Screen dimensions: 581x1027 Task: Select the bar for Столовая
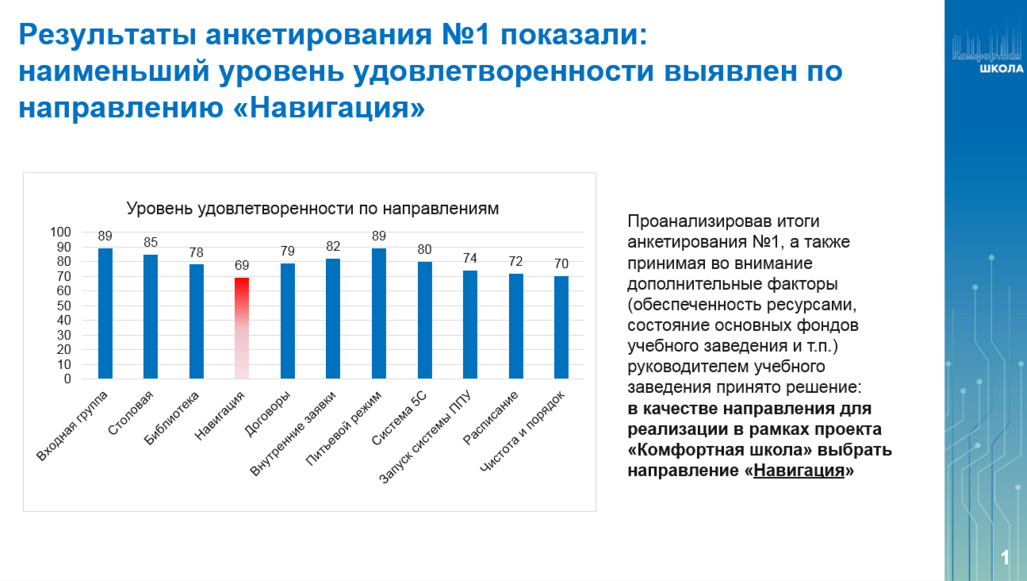pos(151,317)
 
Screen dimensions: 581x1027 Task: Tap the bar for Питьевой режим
pos(379,314)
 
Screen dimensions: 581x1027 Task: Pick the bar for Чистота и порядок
pos(561,328)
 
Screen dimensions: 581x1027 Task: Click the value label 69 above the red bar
pos(242,265)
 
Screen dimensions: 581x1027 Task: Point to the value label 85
pos(151,242)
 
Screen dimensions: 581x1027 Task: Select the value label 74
pos(470,258)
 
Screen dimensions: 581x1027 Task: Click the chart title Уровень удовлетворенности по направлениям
pos(313,209)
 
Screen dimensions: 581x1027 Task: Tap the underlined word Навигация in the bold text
pos(799,470)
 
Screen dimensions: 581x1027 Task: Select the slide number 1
pos(1005,558)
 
